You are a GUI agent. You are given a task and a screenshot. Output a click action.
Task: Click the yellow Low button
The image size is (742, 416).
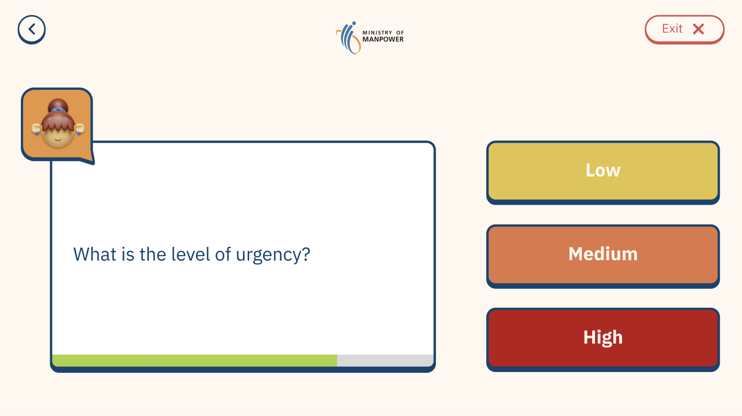(x=603, y=172)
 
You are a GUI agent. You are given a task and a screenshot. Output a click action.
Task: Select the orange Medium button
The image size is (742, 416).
(x=603, y=256)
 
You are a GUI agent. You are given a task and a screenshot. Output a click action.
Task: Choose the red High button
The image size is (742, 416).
(x=603, y=339)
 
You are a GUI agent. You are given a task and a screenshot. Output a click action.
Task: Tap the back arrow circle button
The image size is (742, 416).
(x=32, y=29)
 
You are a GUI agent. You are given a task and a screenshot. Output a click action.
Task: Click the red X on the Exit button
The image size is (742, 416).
(x=698, y=29)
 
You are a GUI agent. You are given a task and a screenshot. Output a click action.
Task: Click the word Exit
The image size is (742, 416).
(x=672, y=29)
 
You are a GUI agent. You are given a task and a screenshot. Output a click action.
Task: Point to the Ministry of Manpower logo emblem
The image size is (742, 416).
(x=348, y=38)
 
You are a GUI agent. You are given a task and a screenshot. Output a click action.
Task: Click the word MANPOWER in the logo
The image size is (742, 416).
(x=383, y=39)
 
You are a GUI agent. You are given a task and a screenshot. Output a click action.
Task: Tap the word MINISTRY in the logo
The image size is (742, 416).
(x=377, y=33)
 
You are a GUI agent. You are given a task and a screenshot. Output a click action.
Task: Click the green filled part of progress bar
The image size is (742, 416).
(x=195, y=360)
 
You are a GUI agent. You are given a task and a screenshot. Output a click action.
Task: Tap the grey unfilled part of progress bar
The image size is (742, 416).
(x=385, y=360)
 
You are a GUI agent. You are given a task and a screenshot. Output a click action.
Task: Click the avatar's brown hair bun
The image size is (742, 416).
(x=58, y=106)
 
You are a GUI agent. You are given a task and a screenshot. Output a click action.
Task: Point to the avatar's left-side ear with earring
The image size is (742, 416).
(x=36, y=129)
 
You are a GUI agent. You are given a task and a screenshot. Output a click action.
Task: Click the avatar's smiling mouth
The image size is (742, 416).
(x=58, y=140)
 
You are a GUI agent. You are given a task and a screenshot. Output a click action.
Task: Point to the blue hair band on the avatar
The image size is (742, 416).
(x=58, y=110)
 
